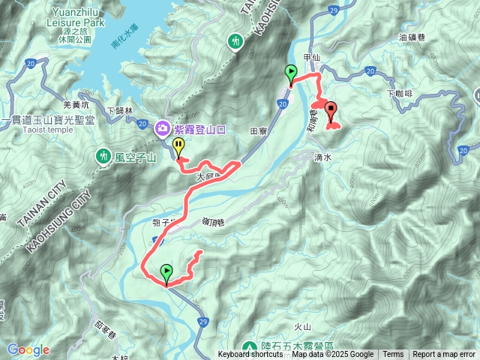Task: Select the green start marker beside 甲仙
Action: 290,73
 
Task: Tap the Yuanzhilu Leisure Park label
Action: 79,19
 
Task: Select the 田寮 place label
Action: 259,130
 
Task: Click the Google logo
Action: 28,349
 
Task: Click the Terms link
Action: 393,355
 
